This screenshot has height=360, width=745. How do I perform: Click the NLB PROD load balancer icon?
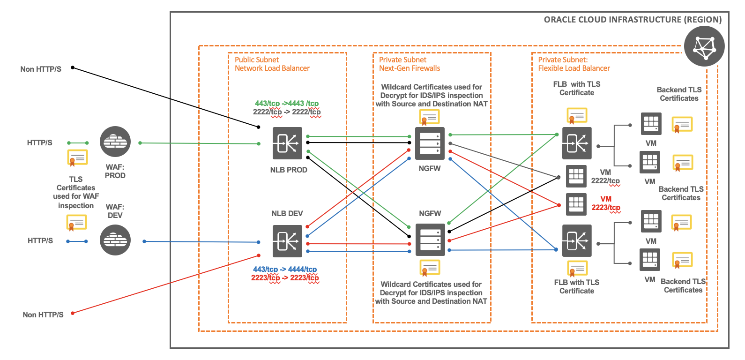coord(287,143)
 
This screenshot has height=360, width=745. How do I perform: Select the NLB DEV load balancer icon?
coord(287,241)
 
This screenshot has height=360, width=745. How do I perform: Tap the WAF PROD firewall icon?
coord(115,142)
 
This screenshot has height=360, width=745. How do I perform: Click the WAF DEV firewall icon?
coord(115,240)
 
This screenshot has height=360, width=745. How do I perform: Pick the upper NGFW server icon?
coord(430,143)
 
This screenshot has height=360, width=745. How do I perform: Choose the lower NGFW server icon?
coord(430,240)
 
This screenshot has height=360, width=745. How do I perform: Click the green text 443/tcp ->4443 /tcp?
coord(287,103)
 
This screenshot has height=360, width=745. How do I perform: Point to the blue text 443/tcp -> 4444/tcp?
coord(285,269)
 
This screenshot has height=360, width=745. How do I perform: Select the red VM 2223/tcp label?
coord(606,203)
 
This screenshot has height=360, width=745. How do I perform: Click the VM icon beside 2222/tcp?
coord(576,177)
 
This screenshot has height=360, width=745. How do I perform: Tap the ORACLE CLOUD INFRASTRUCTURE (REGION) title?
coord(633,20)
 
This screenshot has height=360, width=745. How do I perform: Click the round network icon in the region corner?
coord(704,46)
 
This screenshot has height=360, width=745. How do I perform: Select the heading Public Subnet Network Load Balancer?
coord(272,64)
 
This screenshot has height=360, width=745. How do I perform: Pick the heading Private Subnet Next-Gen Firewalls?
coord(410,64)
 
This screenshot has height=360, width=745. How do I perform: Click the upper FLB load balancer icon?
coord(577,143)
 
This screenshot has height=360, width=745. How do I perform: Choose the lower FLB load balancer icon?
coord(577,241)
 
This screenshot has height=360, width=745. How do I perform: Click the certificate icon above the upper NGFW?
coord(429,117)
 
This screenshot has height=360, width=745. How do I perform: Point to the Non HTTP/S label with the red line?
coord(43,315)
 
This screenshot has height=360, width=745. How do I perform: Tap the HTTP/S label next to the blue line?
coord(40,240)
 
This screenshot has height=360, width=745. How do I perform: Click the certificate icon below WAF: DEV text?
coord(76,222)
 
